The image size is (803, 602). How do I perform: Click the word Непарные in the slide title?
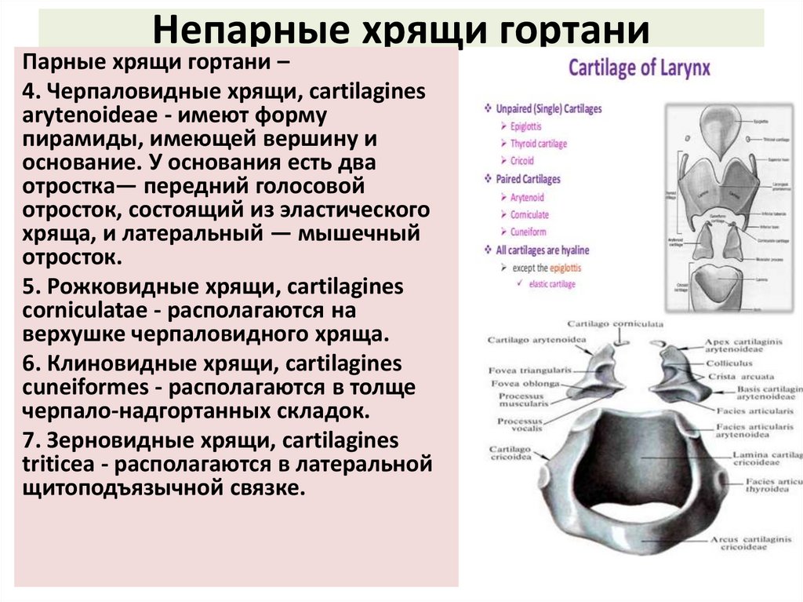tap(223, 31)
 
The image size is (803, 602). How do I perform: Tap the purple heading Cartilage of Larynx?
tap(639, 67)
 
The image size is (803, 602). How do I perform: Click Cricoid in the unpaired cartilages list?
tap(522, 161)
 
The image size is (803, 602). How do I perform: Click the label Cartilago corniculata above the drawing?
tap(616, 323)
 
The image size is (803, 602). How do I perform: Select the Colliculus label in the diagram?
tap(728, 363)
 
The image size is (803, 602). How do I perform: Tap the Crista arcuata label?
tap(732, 376)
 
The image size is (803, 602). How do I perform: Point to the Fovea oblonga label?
tap(525, 383)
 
